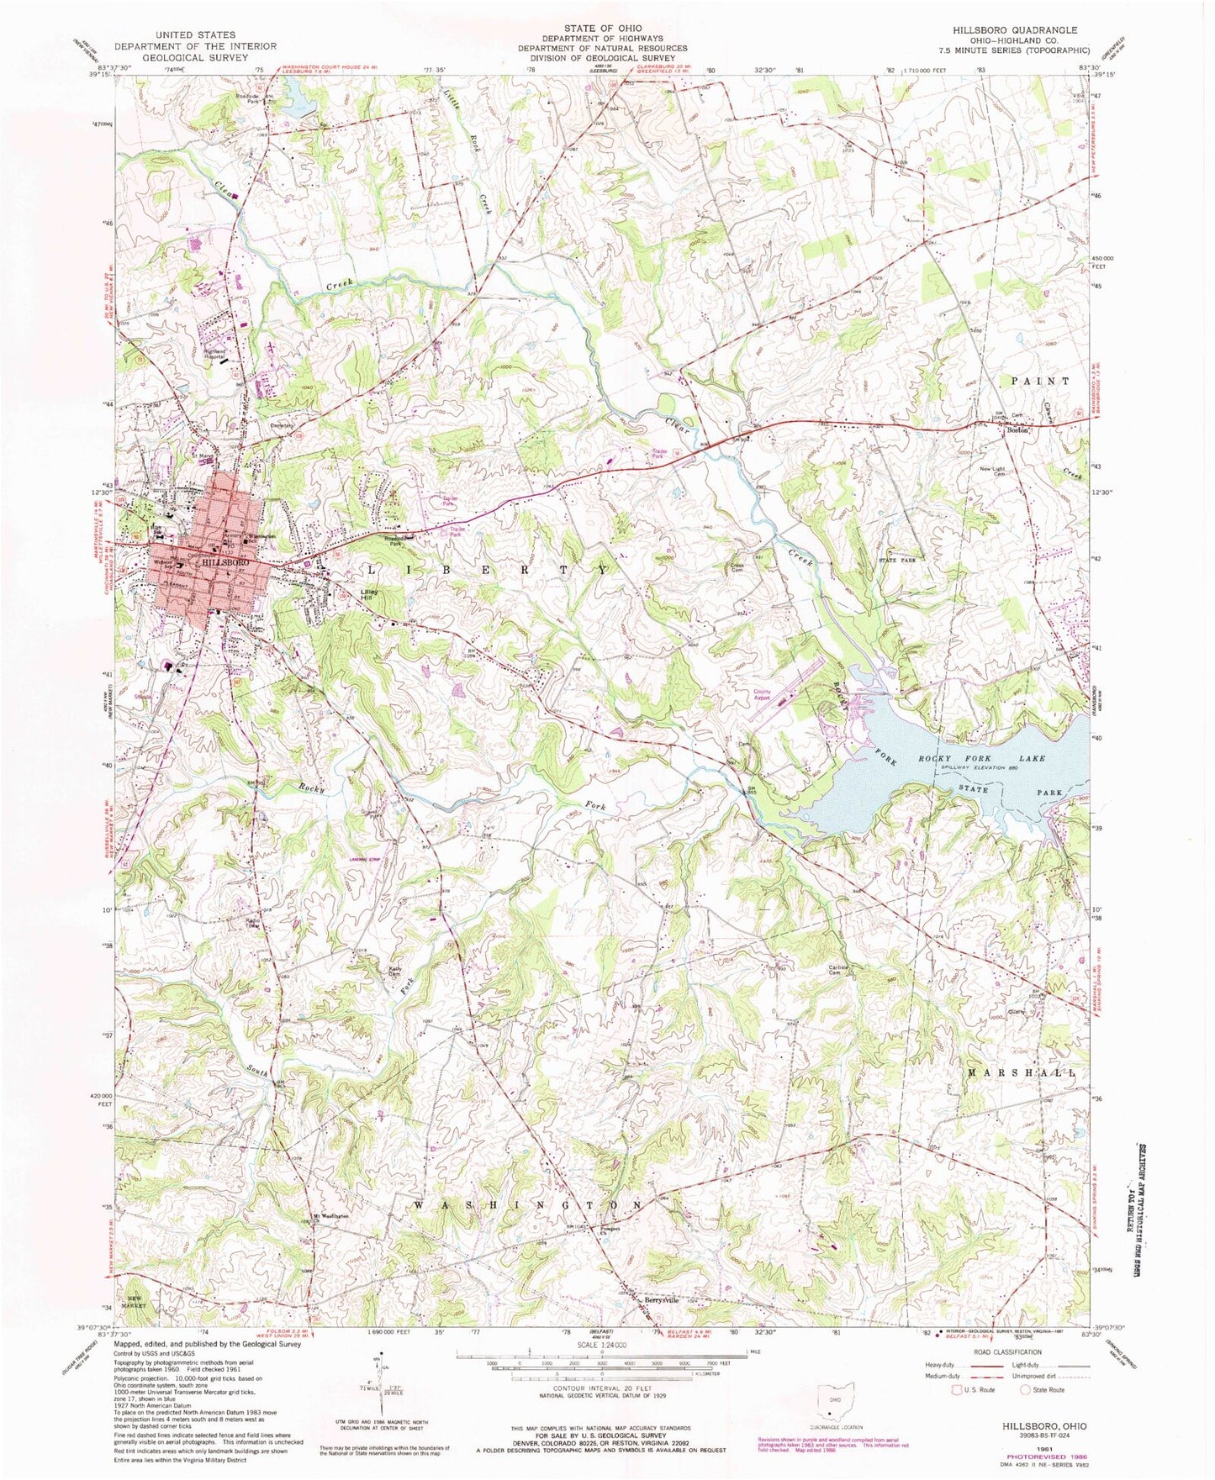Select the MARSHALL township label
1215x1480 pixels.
[1022, 1073]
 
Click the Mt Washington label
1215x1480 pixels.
[330, 1214]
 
